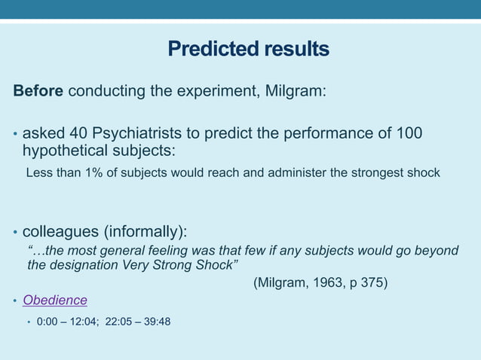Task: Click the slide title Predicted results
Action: [248, 50]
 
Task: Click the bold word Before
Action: [38, 92]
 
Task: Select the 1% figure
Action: [93, 173]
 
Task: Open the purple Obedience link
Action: [54, 301]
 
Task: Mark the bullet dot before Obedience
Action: [16, 302]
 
